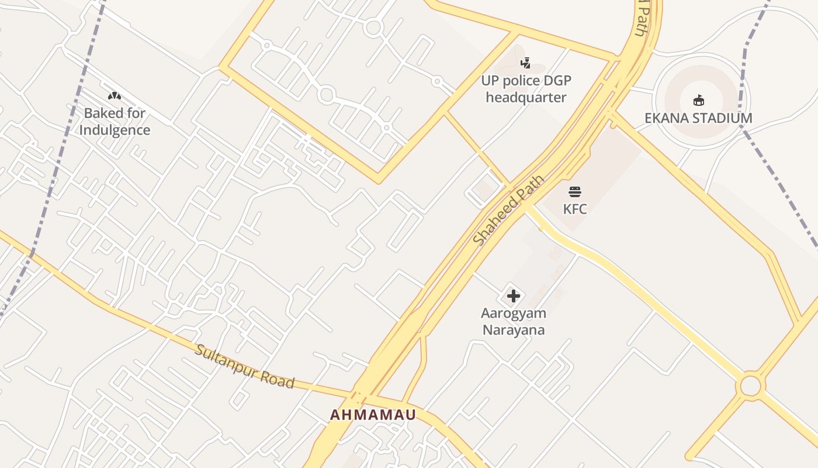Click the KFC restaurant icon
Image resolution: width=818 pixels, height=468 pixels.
click(575, 191)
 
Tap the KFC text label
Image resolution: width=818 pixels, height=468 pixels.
click(575, 209)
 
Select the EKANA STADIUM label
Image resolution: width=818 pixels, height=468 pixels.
click(698, 118)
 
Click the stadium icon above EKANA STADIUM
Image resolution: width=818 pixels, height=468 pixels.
click(698, 101)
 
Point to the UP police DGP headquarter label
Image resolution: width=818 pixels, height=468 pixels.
click(526, 89)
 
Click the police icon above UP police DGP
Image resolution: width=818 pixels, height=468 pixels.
click(526, 63)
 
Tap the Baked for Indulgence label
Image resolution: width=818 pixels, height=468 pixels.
click(115, 122)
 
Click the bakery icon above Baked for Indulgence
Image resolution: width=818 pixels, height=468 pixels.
click(115, 95)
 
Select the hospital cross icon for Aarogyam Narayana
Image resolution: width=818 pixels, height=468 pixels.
click(513, 296)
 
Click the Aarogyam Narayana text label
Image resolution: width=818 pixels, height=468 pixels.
click(513, 322)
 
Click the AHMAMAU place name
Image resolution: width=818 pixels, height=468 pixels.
click(373, 415)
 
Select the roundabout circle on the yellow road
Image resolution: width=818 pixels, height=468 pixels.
click(750, 386)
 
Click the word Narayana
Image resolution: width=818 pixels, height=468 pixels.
click(513, 330)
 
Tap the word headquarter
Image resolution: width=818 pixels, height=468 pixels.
click(526, 98)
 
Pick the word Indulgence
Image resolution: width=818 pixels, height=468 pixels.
click(115, 130)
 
